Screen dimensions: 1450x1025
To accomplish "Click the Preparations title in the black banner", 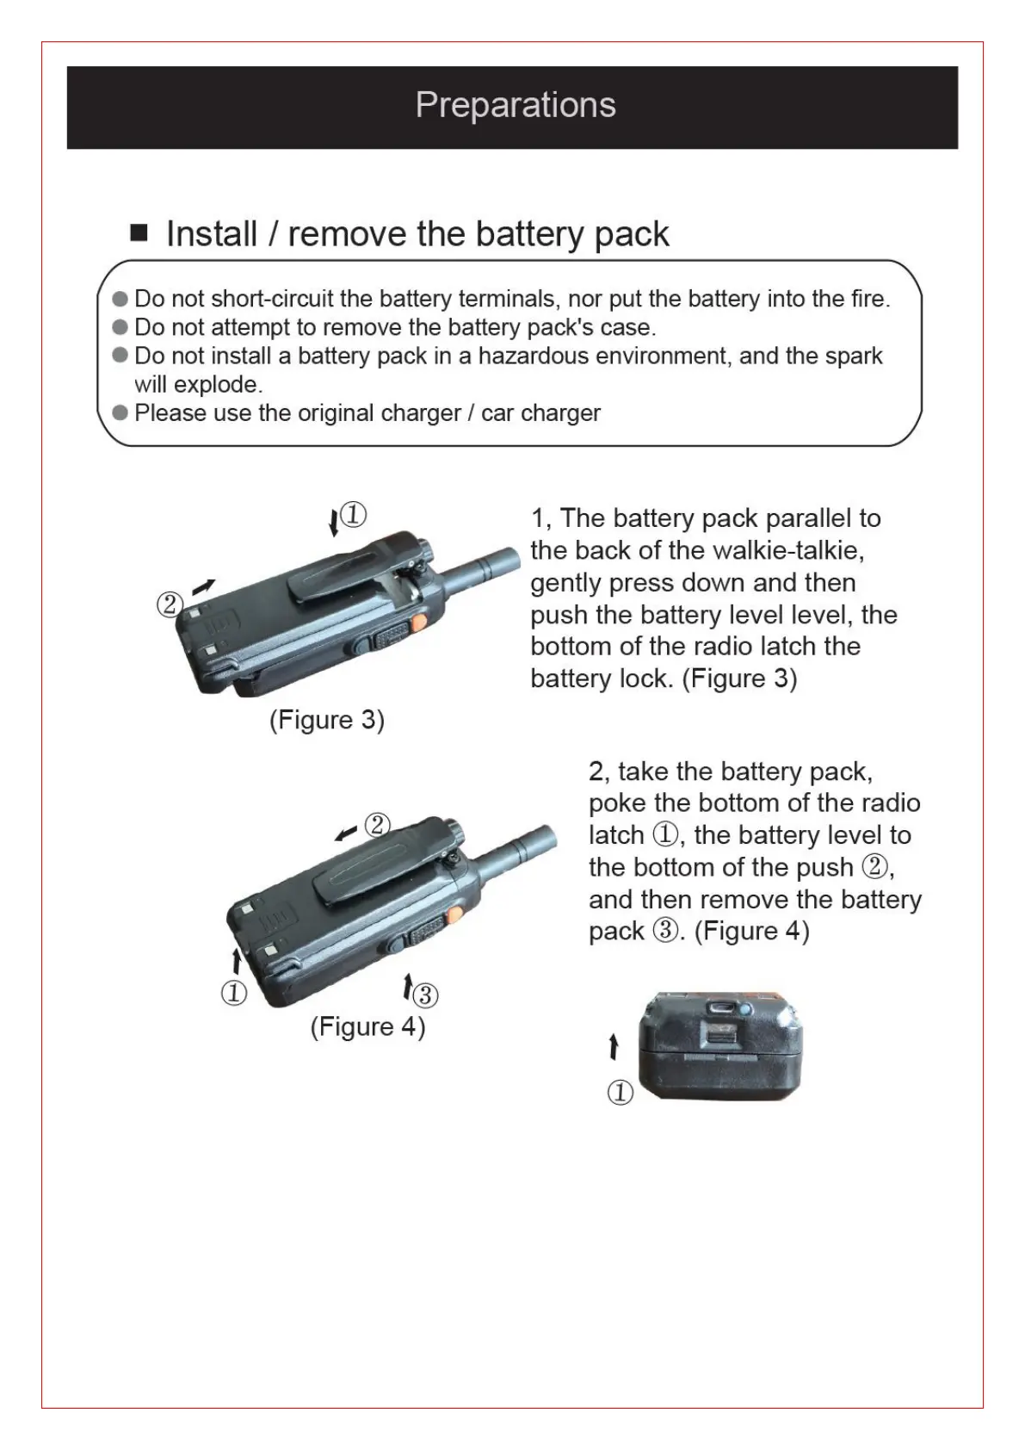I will pyautogui.click(x=515, y=105).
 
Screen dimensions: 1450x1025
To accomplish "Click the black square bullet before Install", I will pyautogui.click(x=139, y=232).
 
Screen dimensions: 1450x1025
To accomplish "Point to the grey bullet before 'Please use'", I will pyautogui.click(x=120, y=412).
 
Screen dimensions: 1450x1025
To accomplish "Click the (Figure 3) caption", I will pyautogui.click(x=327, y=719).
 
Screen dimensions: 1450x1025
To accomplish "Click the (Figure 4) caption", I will pyautogui.click(x=367, y=1026).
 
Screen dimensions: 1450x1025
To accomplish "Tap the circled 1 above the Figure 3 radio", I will pyautogui.click(x=354, y=515).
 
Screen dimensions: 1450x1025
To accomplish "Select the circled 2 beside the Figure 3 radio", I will pyautogui.click(x=170, y=604).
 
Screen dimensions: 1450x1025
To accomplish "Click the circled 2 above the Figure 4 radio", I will pyautogui.click(x=377, y=825).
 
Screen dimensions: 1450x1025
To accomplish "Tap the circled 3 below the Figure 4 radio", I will pyautogui.click(x=425, y=995).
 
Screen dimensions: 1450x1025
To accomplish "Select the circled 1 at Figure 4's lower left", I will pyautogui.click(x=234, y=993).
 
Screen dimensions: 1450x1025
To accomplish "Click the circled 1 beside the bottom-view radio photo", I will pyautogui.click(x=621, y=1093).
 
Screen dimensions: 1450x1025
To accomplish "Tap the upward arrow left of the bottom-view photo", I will pyautogui.click(x=613, y=1047).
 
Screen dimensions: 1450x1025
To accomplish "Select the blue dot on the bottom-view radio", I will pyautogui.click(x=745, y=1009).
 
